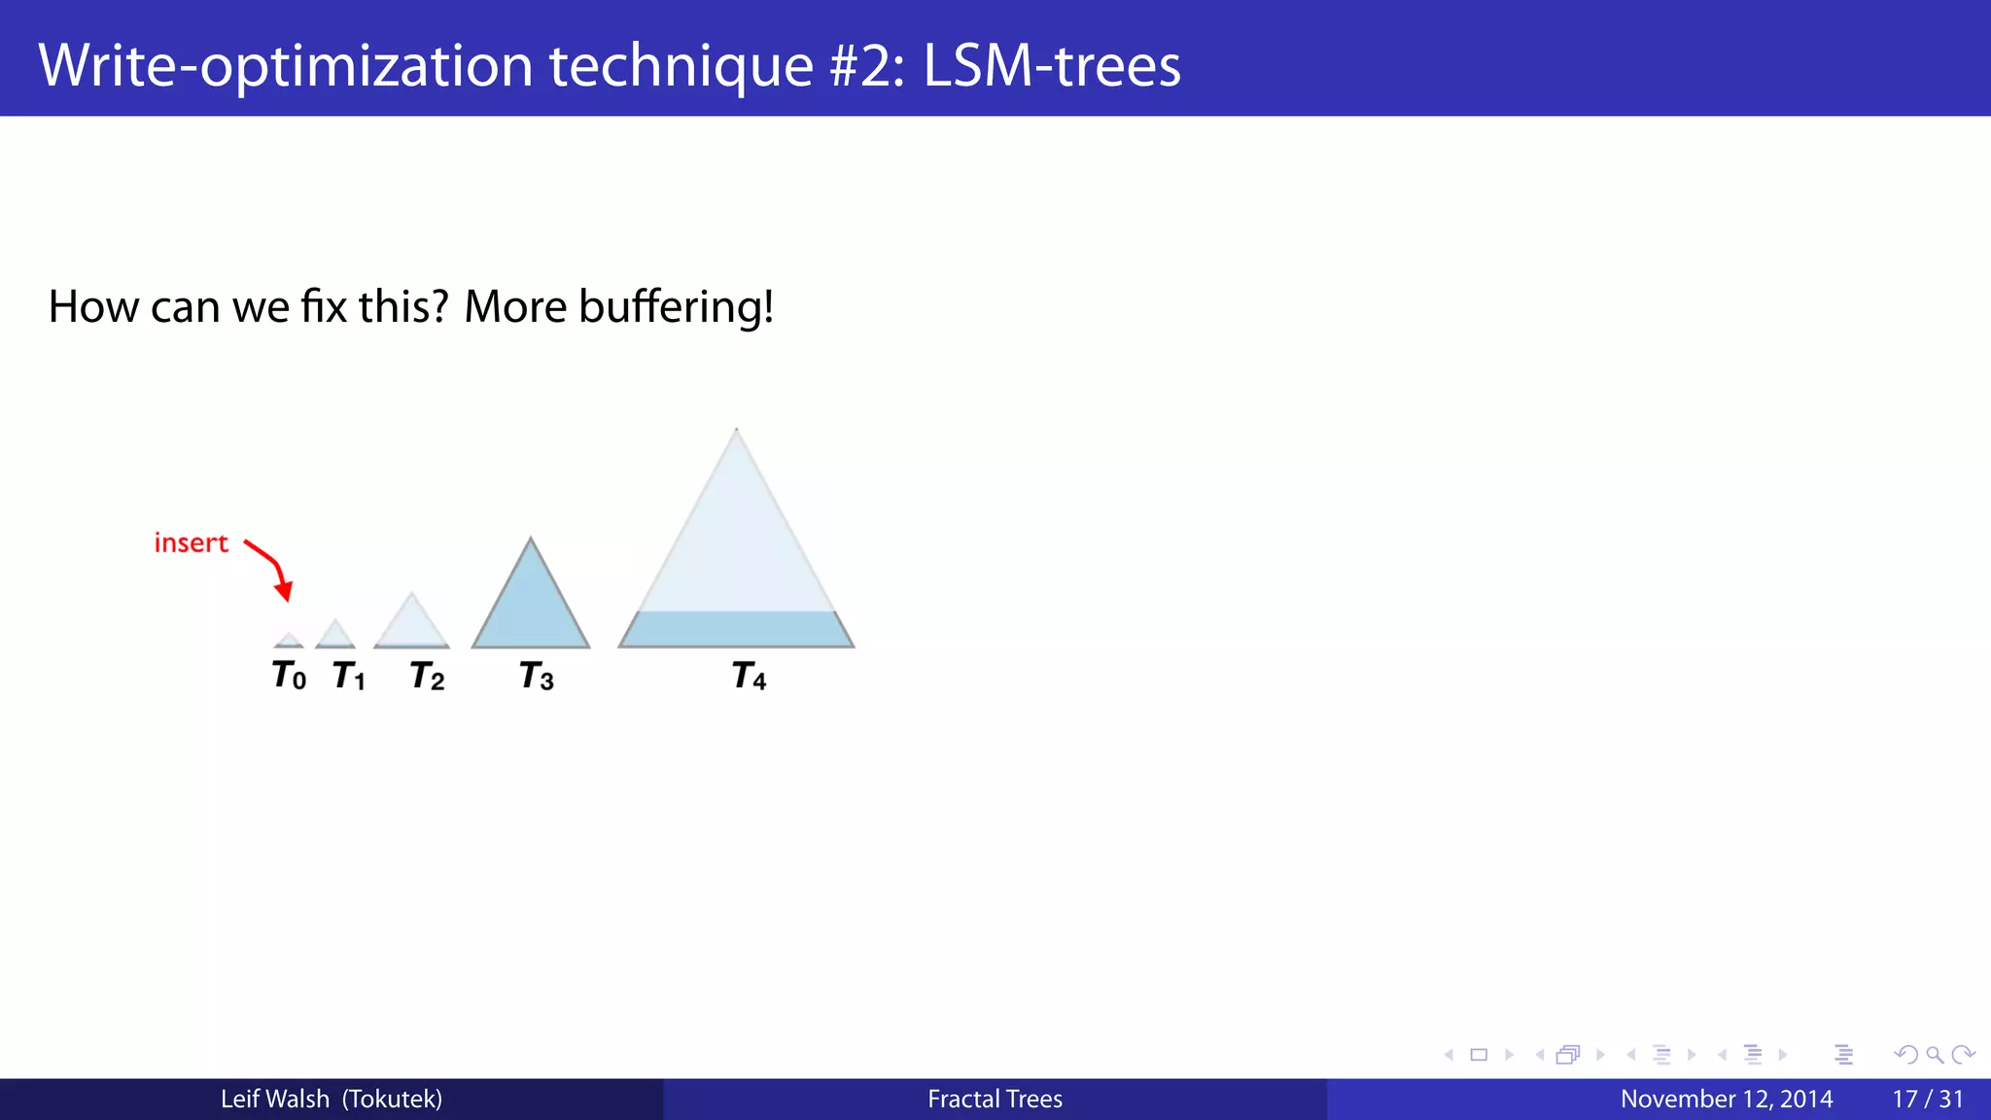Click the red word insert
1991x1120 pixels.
coord(191,542)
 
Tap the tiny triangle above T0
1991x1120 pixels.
coord(289,641)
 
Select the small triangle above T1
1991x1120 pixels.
coord(335,635)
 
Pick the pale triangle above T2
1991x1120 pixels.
coord(411,625)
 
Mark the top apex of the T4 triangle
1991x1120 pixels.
coord(736,431)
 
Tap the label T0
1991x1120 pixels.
coord(289,675)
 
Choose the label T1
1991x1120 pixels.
coord(349,676)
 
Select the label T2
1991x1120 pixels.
coord(427,676)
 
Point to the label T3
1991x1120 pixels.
coord(537,676)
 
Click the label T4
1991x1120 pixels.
coord(749,676)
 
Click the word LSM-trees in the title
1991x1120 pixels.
coord(1051,65)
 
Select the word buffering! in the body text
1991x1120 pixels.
coord(677,307)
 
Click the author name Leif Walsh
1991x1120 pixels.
coord(275,1099)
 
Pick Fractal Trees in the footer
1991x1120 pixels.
coord(995,1099)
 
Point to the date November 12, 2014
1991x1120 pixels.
coord(1726,1099)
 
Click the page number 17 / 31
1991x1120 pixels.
coord(1927,1099)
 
